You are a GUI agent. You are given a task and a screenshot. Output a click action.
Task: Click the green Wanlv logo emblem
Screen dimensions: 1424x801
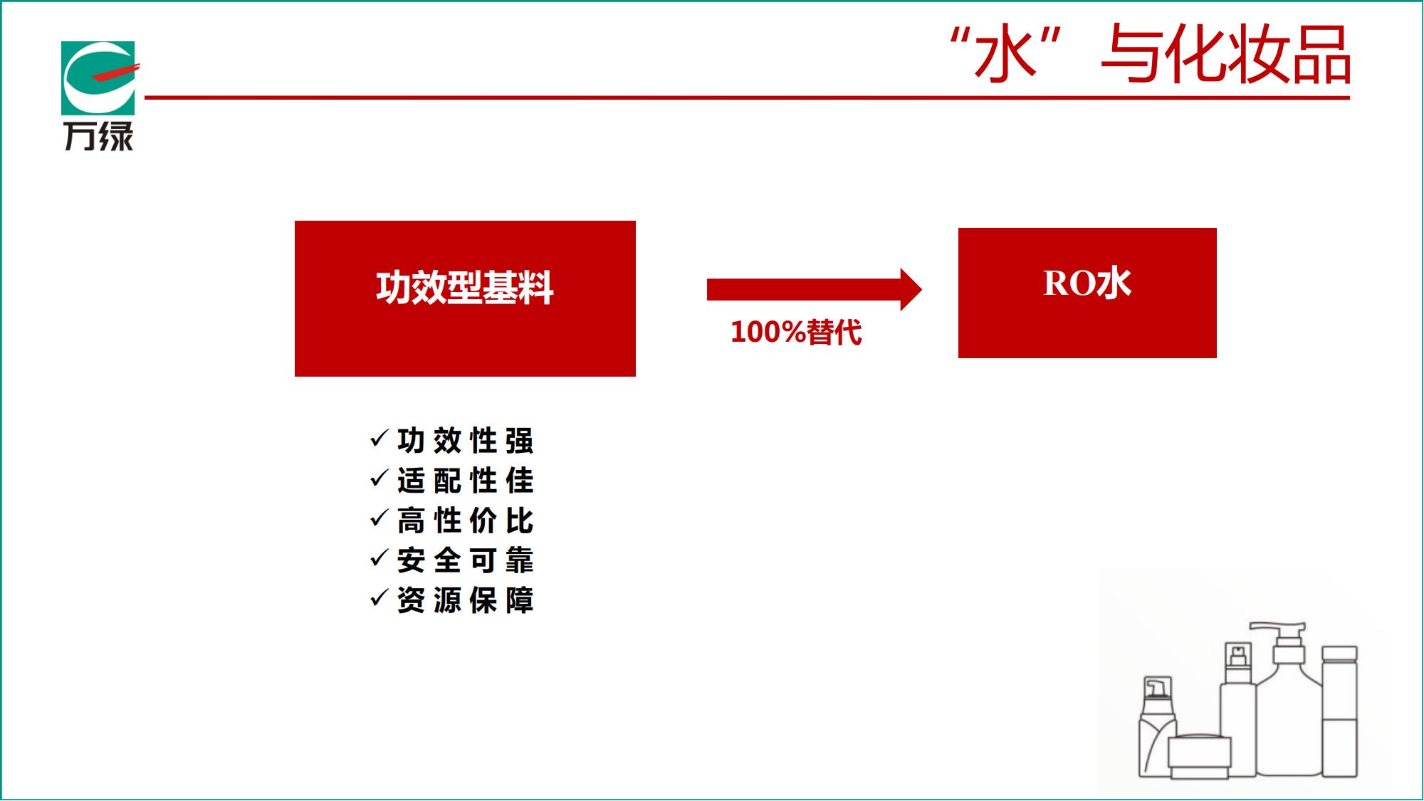98,78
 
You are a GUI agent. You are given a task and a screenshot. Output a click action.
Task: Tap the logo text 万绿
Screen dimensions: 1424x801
99,136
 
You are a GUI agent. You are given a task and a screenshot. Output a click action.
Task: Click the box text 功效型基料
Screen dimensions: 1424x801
465,288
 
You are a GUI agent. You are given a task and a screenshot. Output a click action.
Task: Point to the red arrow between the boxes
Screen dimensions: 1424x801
815,289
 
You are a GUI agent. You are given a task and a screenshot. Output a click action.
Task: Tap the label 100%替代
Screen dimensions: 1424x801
796,332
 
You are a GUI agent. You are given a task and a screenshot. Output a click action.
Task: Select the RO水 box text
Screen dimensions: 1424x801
1087,283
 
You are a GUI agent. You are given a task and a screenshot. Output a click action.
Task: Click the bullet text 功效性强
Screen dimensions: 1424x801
466,441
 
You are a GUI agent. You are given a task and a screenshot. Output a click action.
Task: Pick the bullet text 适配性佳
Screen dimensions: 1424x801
466,481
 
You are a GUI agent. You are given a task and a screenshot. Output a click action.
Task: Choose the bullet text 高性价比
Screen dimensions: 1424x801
466,520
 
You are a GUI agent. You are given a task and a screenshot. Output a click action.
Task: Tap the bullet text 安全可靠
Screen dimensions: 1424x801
466,560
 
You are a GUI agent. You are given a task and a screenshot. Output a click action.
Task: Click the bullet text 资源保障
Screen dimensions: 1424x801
466,600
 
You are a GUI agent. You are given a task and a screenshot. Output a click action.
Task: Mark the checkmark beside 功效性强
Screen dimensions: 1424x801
379,439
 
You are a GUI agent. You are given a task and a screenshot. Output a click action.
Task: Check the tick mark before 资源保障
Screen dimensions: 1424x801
379,598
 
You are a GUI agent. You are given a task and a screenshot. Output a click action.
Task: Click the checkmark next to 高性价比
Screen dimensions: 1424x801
379,518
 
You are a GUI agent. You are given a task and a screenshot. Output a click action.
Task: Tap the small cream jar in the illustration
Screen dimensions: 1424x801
1200,756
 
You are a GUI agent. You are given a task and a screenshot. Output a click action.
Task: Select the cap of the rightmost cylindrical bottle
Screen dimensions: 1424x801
1339,654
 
